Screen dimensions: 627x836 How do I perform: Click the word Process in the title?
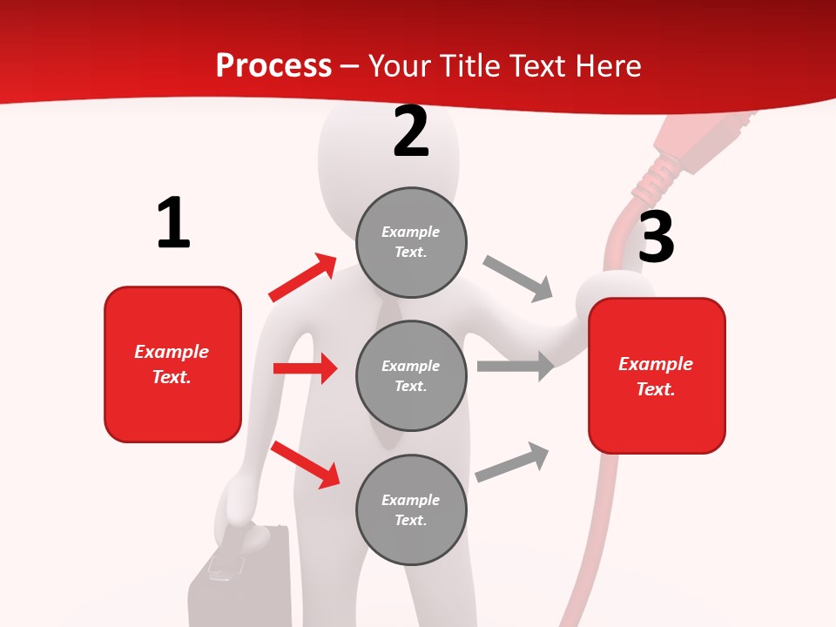coord(273,65)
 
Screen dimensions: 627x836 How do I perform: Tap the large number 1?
coord(173,224)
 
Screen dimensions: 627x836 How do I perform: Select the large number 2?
coord(411,131)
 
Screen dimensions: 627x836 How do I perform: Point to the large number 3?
coord(656,237)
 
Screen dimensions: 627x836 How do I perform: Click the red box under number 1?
coord(172,364)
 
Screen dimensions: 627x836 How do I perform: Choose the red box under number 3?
coord(657,375)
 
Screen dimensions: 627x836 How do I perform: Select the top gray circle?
coord(411,242)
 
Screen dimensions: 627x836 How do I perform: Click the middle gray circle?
coord(411,375)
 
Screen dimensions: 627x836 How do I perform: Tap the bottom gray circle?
coord(411,509)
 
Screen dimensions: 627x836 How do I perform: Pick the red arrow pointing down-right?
coord(306,464)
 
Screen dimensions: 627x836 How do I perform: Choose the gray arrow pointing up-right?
coord(512,462)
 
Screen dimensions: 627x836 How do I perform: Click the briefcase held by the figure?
coord(239,579)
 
